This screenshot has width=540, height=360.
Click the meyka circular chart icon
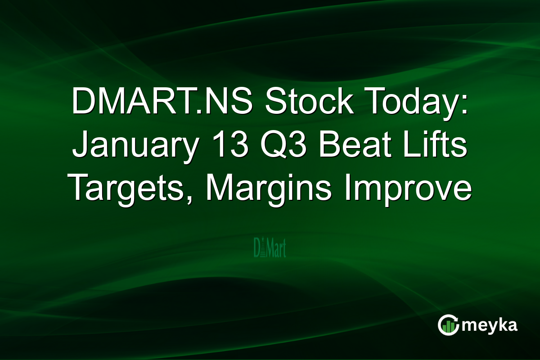pyautogui.click(x=448, y=325)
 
